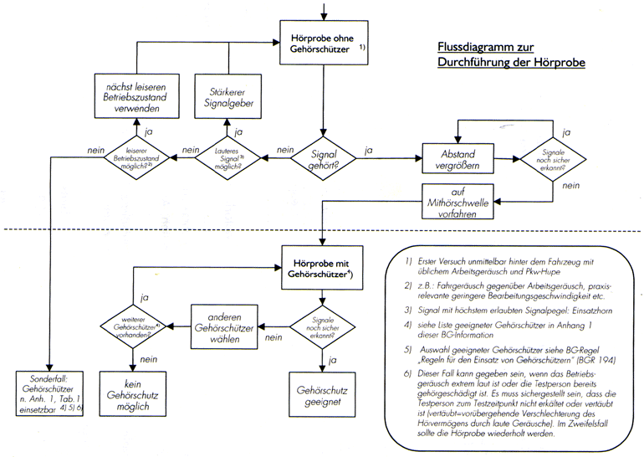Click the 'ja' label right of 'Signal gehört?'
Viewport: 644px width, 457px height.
(x=367, y=148)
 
